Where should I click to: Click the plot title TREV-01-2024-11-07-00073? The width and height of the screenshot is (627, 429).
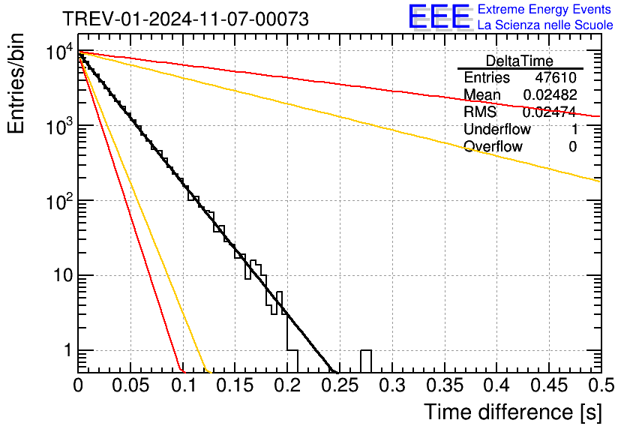[x=184, y=19]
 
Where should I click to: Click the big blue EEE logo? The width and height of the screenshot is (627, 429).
[x=439, y=17]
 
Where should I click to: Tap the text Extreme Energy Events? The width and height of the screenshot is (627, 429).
[x=545, y=10]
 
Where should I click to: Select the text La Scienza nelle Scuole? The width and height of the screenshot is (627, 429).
[x=545, y=25]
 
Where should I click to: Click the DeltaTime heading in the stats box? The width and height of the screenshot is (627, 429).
[x=520, y=61]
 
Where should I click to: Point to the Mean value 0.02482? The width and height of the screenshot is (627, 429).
[x=550, y=95]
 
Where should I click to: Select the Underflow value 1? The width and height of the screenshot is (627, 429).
[x=574, y=130]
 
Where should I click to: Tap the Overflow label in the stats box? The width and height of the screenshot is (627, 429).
[x=493, y=147]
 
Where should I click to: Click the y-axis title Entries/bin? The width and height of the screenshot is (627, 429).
[x=17, y=85]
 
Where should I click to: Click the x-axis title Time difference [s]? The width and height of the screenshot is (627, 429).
[x=512, y=412]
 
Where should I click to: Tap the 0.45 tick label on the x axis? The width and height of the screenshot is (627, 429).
[x=549, y=386]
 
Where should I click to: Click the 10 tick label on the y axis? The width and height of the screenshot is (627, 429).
[x=57, y=276]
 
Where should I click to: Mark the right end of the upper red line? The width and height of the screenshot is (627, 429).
[x=599, y=116]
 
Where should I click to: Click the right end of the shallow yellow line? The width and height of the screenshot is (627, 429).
[x=599, y=181]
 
